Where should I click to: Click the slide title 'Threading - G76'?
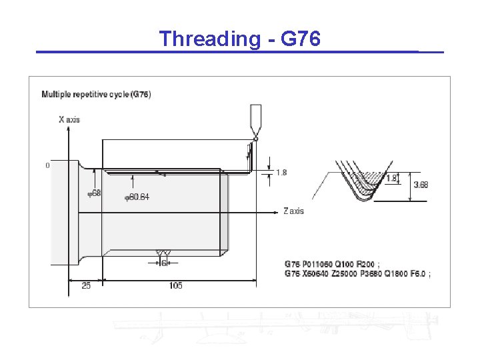[x=240, y=39]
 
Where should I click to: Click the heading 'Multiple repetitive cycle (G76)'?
[x=97, y=95]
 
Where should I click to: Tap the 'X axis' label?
[x=69, y=119]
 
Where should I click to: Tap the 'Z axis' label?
[x=293, y=211]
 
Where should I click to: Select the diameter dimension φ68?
[x=95, y=193]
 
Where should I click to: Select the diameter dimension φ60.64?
[x=137, y=197]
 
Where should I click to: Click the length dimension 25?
[x=85, y=286]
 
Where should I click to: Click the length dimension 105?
[x=176, y=286]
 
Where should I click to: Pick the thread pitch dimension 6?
[x=163, y=263]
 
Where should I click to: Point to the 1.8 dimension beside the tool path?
[x=281, y=173]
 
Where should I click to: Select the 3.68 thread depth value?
[x=421, y=185]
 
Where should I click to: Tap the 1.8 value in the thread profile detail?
[x=392, y=178]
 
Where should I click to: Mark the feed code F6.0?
[x=416, y=274]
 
